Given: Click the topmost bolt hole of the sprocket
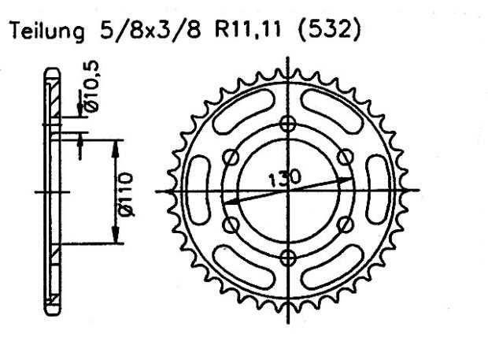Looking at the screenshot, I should pos(288,124).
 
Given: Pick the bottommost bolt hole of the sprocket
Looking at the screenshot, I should pos(288,258).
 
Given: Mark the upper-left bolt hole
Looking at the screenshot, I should pos(231,158).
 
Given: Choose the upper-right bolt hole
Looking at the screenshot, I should pos(345,158).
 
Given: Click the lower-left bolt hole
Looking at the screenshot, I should pos(231,225).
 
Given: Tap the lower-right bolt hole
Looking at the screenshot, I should pos(345,225).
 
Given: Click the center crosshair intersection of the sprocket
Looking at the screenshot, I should pos(288,191).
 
